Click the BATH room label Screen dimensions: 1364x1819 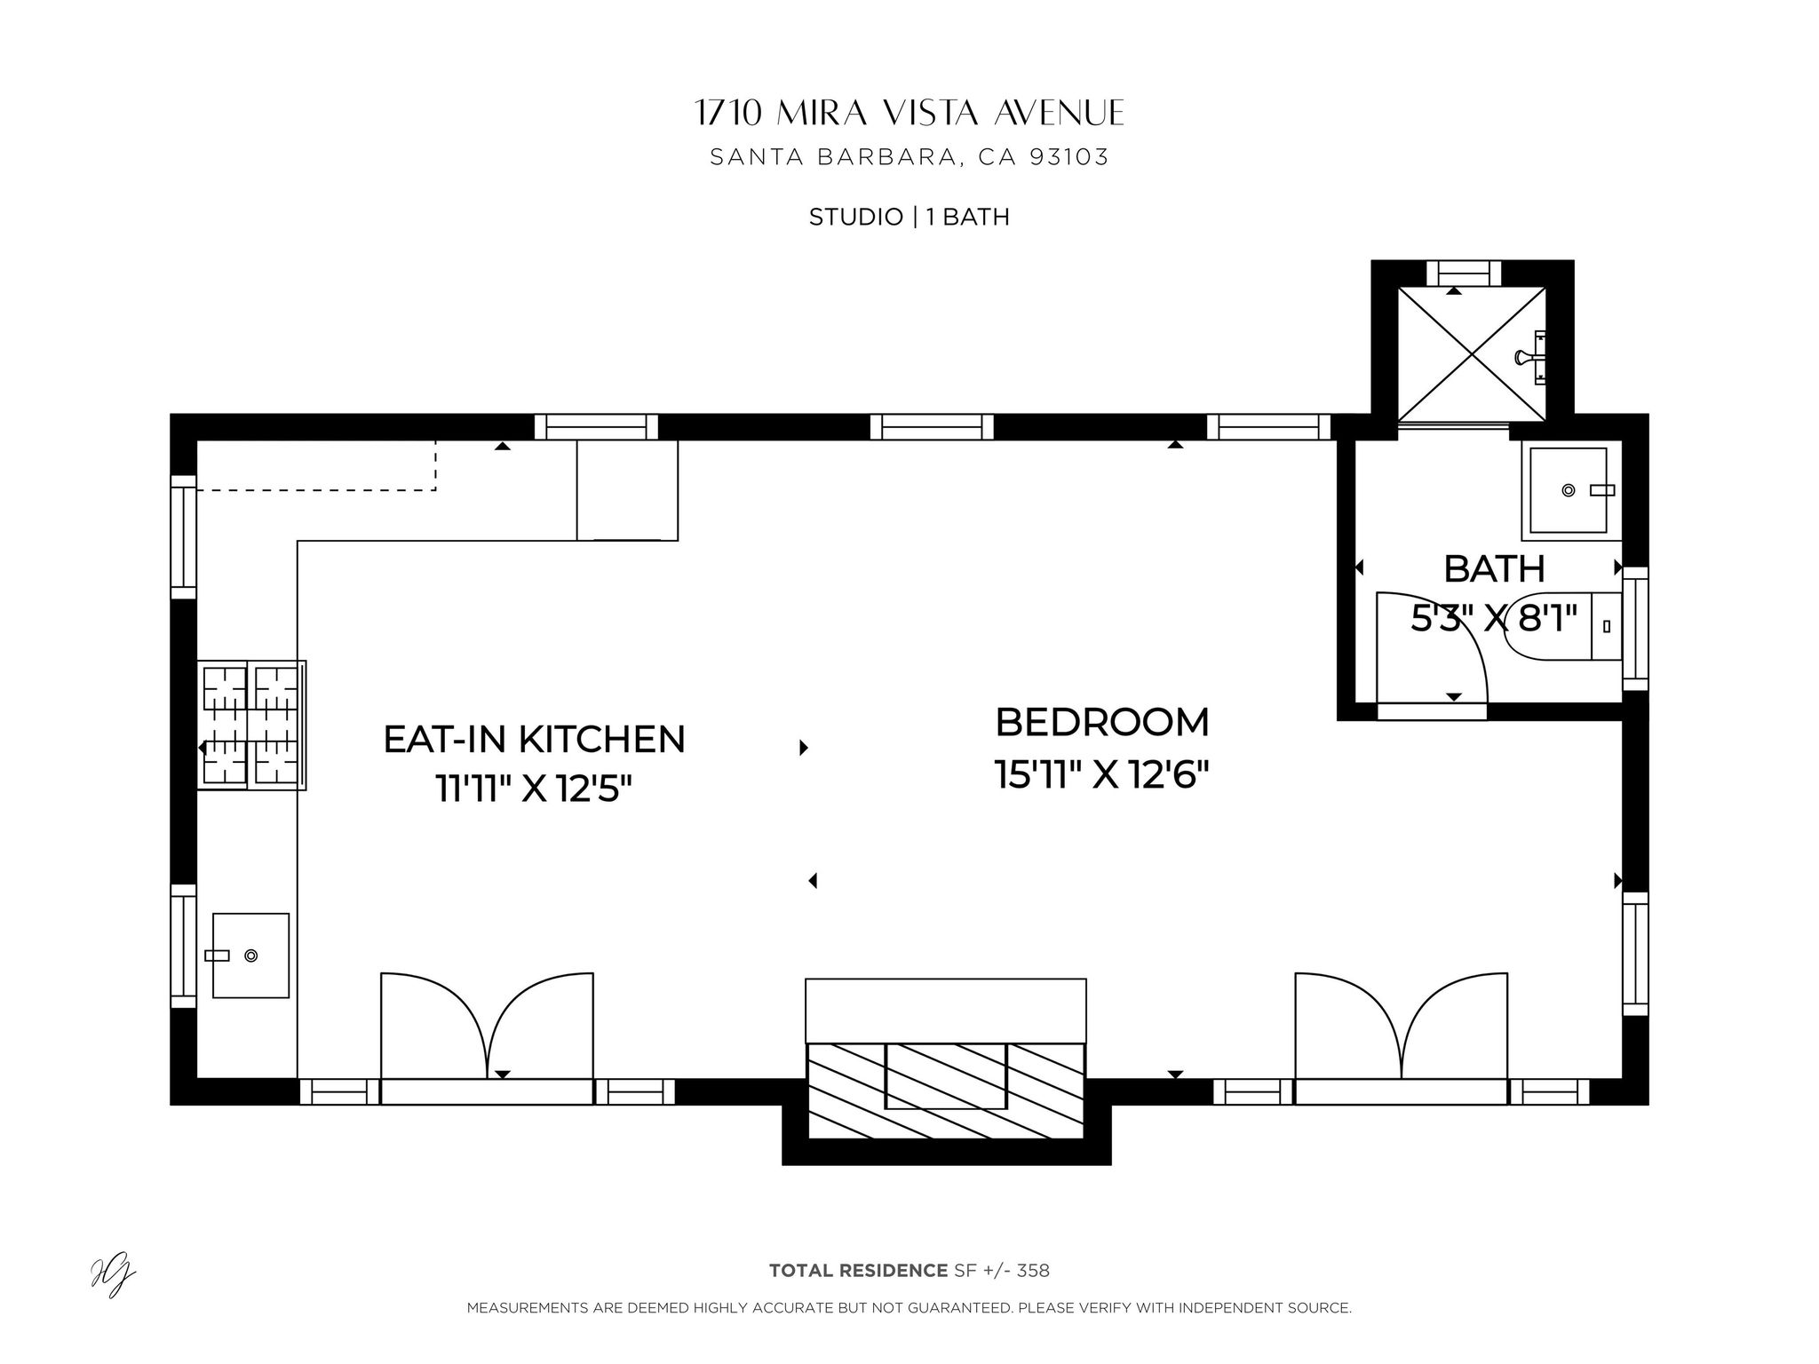tap(1494, 569)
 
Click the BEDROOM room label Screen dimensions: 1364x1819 tap(1101, 723)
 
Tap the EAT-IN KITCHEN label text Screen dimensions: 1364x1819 tap(534, 740)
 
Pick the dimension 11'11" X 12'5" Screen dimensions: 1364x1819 tap(534, 788)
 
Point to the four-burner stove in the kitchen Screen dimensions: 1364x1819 tap(251, 725)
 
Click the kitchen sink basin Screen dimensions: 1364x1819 tap(250, 955)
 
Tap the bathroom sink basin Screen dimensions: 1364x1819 tap(1568, 490)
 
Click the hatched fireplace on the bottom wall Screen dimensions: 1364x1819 tap(945, 1090)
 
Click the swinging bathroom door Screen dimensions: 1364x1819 tap(1430, 648)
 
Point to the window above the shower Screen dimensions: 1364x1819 tap(1463, 272)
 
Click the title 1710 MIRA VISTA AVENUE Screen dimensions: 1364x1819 tap(909, 114)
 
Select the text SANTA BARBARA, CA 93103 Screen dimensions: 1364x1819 tap(909, 158)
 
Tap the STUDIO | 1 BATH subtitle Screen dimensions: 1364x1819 tap(909, 217)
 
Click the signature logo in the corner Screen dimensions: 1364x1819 tap(113, 1279)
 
